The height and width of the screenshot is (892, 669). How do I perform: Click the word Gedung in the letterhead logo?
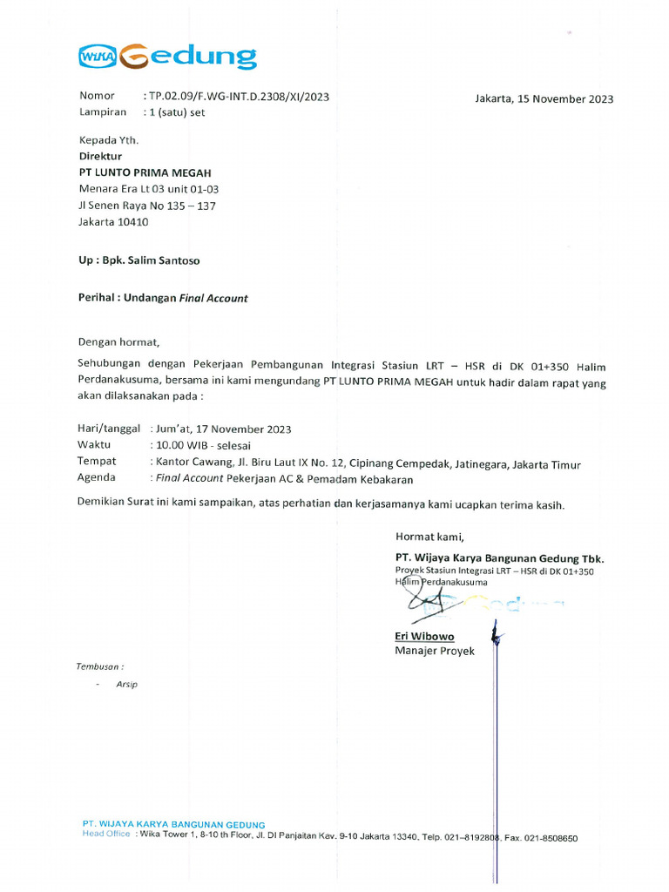[190, 57]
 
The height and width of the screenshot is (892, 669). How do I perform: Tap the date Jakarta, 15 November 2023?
[544, 98]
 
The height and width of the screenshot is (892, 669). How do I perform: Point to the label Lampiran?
[103, 112]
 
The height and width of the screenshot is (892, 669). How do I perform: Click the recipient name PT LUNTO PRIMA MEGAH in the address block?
[145, 172]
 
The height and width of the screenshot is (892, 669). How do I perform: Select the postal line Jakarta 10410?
[113, 222]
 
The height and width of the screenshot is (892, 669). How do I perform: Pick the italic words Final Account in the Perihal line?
[213, 298]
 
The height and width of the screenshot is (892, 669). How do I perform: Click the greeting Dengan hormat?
[120, 341]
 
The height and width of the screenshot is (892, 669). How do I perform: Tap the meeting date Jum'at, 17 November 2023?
[223, 429]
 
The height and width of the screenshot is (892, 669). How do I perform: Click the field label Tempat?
[96, 461]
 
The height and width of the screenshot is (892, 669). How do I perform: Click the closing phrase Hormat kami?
[429, 536]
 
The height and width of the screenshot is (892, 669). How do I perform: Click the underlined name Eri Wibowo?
[424, 636]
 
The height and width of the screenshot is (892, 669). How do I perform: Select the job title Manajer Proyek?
[435, 651]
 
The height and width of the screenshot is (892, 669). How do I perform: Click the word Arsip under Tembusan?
[127, 684]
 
